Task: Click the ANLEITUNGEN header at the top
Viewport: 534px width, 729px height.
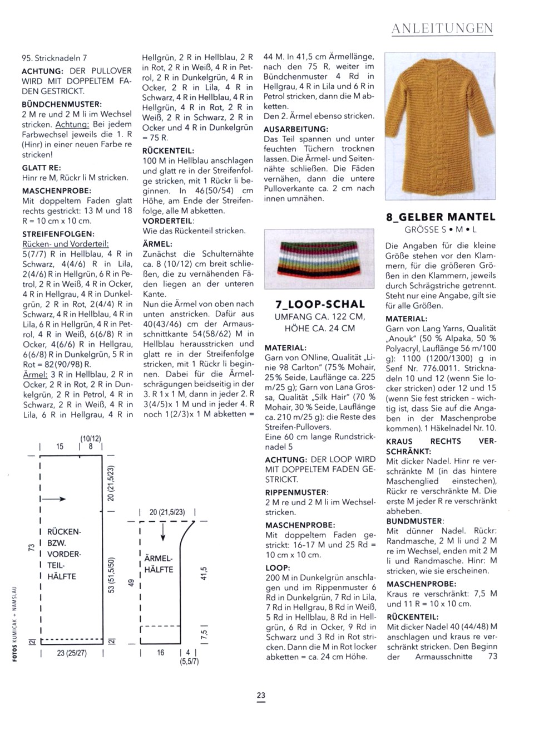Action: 442,28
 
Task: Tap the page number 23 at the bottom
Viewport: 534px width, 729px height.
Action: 261,695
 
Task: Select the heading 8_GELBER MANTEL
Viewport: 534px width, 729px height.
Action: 440,217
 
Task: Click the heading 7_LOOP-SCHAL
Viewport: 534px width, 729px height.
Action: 320,304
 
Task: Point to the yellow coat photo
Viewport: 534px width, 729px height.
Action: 441,126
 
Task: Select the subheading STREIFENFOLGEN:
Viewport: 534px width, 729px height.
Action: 58,234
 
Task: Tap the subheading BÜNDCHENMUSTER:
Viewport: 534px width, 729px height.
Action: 62,104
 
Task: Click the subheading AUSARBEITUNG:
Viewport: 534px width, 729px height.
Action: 296,129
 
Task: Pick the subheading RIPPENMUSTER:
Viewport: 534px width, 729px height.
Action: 296,492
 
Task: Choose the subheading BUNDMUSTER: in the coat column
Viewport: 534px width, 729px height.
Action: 415,521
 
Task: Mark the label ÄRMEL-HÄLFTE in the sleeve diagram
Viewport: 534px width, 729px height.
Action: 159,564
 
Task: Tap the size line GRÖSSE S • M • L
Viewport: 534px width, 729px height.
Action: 441,229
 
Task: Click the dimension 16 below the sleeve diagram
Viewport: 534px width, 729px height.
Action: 160,652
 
